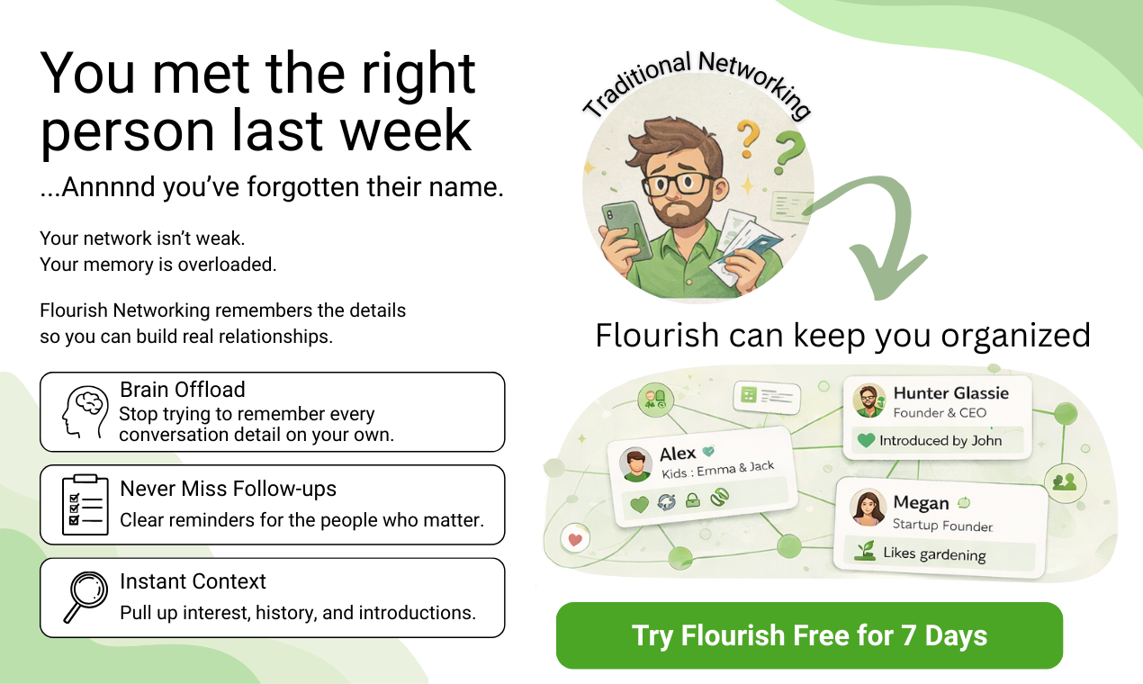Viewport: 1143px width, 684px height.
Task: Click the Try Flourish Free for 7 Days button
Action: (x=809, y=635)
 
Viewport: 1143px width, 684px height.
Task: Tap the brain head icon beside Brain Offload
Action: (x=84, y=411)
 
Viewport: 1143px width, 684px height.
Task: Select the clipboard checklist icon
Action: (x=84, y=504)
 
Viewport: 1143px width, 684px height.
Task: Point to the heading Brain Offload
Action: (x=183, y=390)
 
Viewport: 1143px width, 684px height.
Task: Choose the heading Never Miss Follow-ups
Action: (x=228, y=489)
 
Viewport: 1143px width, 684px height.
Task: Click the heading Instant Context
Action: (x=193, y=581)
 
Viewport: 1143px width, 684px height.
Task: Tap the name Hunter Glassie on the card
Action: (x=950, y=393)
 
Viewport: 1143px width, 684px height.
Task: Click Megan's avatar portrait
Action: (x=868, y=508)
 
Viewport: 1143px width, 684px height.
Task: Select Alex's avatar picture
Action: (x=636, y=464)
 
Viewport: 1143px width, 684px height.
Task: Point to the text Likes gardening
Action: (x=934, y=553)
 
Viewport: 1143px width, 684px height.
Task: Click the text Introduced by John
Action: (x=940, y=441)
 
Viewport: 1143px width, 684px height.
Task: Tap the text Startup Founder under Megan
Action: (x=942, y=525)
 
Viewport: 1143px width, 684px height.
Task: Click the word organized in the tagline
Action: (x=1016, y=336)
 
